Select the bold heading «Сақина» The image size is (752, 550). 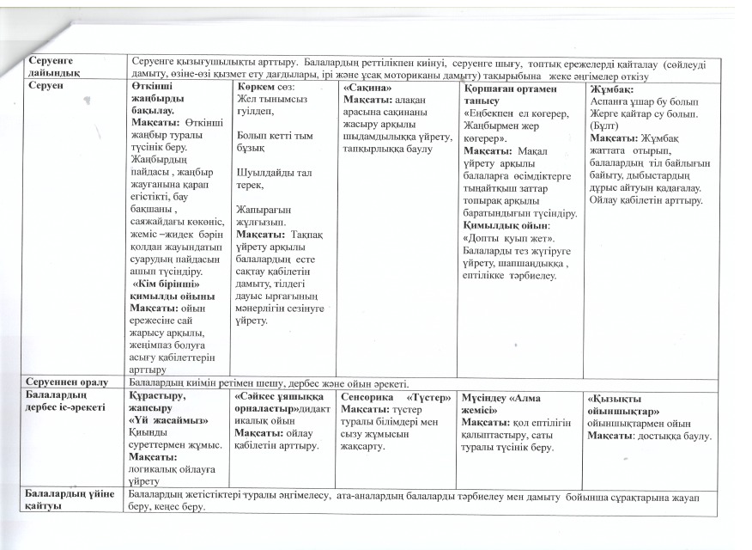[x=367, y=88]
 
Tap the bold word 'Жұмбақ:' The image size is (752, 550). [x=611, y=88]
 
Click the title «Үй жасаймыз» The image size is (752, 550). [x=160, y=421]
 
